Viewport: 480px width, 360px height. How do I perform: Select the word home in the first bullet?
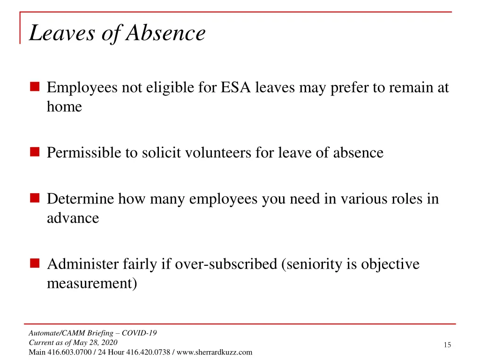[64, 107]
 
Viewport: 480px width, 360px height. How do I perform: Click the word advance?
[73, 218]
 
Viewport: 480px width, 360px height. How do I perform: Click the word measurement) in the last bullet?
[92, 284]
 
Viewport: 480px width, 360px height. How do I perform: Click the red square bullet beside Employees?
[35, 87]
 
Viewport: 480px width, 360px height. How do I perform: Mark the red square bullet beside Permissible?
[35, 152]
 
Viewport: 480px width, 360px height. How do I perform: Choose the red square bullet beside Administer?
[35, 263]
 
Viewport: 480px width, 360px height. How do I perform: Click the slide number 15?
[447, 345]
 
